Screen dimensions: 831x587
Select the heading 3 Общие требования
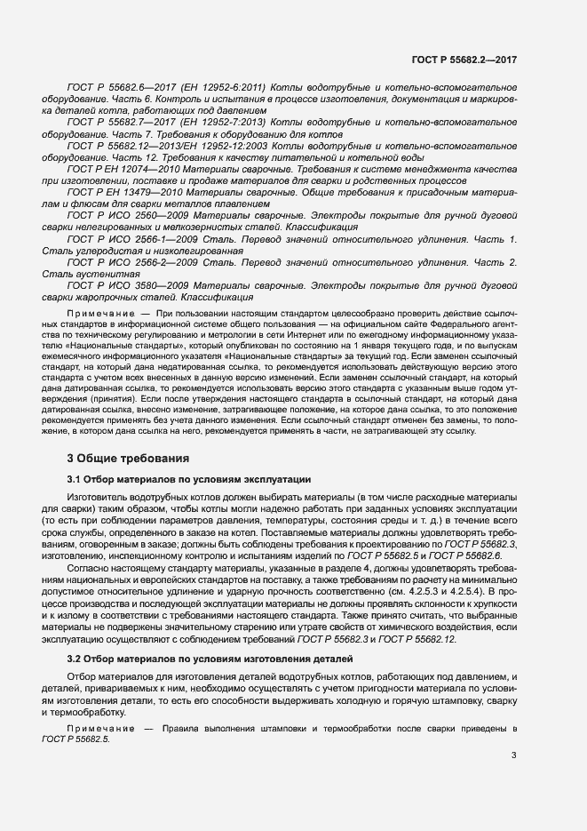(128, 459)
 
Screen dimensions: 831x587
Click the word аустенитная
(95, 276)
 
